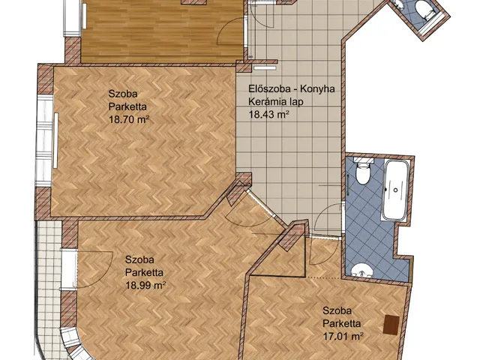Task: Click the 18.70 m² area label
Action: [x=129, y=119]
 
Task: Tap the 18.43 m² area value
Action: [x=269, y=114]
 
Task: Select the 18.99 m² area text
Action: [x=145, y=285]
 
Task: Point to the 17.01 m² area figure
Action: [x=343, y=337]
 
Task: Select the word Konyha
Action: [x=317, y=88]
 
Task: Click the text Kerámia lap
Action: [x=276, y=102]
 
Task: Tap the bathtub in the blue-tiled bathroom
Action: [x=395, y=190]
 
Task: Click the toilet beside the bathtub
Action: [x=363, y=172]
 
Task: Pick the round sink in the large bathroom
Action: [x=361, y=271]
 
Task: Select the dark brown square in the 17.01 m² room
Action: [x=391, y=325]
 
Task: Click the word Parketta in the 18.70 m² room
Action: [x=127, y=106]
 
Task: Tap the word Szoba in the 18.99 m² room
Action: [x=139, y=259]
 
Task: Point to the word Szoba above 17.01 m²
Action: [x=337, y=310]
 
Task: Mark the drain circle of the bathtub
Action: [x=395, y=190]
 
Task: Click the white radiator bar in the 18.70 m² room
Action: [x=55, y=140]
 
